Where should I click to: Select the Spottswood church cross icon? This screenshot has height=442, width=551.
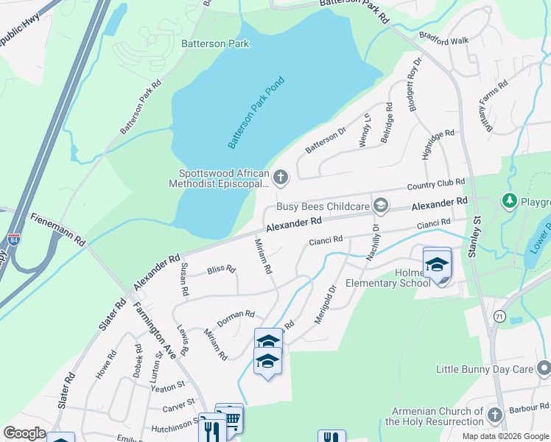coord(281,177)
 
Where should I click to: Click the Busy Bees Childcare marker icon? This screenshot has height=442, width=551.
coord(380,204)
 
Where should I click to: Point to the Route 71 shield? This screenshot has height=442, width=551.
coord(499,316)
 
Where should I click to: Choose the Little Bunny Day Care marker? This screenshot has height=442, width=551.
coord(544,367)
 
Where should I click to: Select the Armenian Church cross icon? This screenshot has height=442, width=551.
coord(495,415)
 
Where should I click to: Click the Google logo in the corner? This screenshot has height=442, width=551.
coord(24,433)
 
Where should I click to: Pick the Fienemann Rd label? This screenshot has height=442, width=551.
coord(58,229)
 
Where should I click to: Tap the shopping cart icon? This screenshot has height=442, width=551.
coord(232,418)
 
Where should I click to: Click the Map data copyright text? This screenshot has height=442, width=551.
coord(505,436)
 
